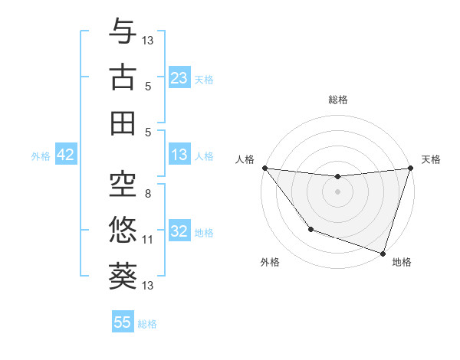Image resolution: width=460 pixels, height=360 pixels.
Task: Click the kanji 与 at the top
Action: coord(123,33)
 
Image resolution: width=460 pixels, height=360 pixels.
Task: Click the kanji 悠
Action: coord(123,230)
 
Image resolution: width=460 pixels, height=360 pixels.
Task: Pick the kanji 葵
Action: coord(123,276)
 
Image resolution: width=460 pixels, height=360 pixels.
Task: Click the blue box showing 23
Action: coord(179,78)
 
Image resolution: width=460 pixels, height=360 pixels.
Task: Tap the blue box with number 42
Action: coord(66,155)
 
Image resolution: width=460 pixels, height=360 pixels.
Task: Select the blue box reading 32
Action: coord(179,231)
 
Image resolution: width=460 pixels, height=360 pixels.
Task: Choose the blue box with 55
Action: coord(123,322)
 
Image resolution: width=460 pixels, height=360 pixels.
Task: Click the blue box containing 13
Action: coord(179,155)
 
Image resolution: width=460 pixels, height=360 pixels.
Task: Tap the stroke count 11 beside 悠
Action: coord(148,240)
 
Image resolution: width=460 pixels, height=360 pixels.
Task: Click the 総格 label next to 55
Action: coord(147,323)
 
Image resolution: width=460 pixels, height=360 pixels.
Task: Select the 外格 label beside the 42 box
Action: coord(41,155)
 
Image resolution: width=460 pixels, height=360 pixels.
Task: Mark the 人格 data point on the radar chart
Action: coord(264,168)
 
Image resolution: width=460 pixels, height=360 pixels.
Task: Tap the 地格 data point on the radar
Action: coord(383,253)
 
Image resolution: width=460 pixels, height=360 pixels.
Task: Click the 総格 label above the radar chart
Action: coord(338,100)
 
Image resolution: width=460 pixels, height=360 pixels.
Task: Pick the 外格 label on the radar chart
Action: coord(270,262)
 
